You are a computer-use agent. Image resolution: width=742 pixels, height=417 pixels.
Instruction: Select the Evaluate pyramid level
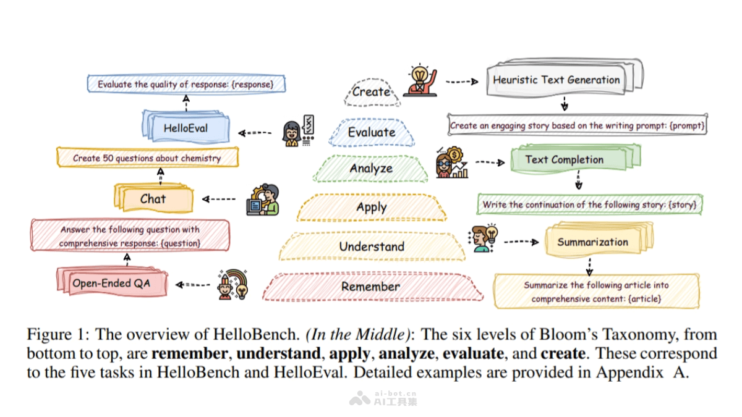tap(371, 132)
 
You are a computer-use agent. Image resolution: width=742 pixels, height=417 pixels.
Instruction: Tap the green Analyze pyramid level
tap(371, 169)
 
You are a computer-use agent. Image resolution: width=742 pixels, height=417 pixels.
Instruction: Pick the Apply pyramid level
tap(371, 208)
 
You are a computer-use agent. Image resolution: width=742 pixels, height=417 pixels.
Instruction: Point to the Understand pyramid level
tap(371, 246)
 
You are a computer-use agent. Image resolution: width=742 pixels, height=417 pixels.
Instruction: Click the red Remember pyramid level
tap(371, 287)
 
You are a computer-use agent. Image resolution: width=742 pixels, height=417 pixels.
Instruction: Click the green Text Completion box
tap(564, 159)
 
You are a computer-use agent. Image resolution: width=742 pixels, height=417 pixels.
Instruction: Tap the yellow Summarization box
tap(592, 242)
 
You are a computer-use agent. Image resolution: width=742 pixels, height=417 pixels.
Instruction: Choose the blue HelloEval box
tap(185, 128)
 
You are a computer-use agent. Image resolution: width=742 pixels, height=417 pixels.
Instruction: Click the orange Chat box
tap(153, 199)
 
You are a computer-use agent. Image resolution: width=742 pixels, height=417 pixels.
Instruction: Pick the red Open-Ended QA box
tap(111, 284)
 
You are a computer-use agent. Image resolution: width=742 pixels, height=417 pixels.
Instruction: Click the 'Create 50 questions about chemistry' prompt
tap(147, 158)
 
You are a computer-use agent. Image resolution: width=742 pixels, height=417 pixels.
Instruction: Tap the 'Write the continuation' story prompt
tap(589, 204)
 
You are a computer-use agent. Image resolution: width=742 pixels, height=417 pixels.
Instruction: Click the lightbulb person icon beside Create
tap(420, 81)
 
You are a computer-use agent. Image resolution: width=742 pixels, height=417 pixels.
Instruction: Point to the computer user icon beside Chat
tap(263, 199)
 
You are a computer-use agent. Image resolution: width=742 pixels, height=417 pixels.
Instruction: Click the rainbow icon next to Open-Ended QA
tap(233, 285)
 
